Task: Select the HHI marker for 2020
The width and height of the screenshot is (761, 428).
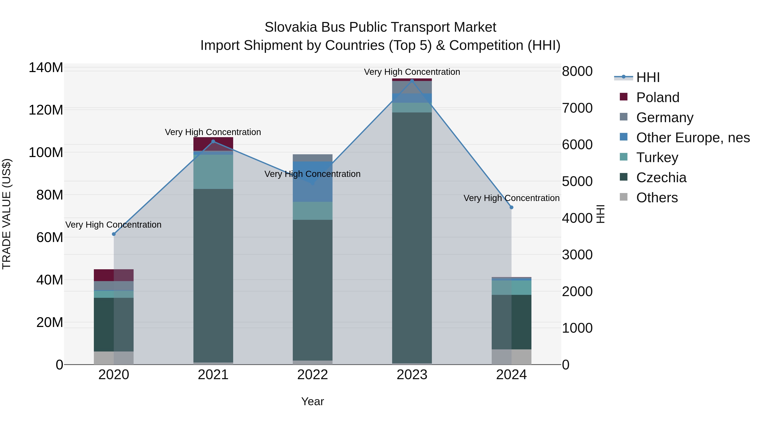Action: pos(114,234)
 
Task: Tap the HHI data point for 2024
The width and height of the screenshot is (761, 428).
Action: pos(511,207)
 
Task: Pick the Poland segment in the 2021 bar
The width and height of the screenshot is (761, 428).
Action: pos(213,144)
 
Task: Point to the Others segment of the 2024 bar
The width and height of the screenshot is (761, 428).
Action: pos(511,357)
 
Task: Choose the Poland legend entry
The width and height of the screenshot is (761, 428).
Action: pos(658,97)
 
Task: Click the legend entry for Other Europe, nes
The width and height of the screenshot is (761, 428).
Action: pos(693,138)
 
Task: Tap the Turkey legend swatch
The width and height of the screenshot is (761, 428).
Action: pos(623,157)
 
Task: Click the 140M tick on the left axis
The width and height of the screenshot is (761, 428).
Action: pos(46,68)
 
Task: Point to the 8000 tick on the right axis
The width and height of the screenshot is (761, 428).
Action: pos(577,71)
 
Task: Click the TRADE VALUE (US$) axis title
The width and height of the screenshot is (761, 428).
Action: pos(7,214)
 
